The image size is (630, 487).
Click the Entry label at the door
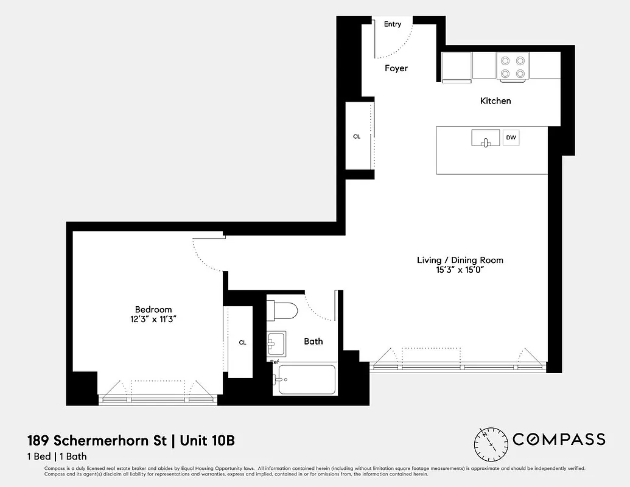click(x=393, y=24)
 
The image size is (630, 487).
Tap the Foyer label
click(x=396, y=68)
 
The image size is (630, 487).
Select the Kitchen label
click(x=495, y=100)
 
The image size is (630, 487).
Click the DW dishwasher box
click(x=511, y=138)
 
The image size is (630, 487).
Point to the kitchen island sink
click(x=485, y=139)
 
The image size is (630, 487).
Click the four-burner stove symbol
click(x=513, y=66)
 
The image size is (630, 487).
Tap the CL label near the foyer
click(x=357, y=136)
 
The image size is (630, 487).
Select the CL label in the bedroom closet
click(x=242, y=343)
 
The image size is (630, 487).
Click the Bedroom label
click(x=153, y=309)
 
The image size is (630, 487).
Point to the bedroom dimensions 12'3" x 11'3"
click(x=153, y=319)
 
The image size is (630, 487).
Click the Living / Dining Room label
click(x=460, y=260)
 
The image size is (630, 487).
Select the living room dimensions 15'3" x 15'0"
click(x=460, y=270)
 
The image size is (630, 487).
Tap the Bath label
click(x=313, y=341)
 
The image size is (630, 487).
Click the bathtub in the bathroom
click(x=304, y=380)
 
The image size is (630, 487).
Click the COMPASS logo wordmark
click(x=559, y=440)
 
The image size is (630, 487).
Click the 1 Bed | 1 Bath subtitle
click(x=57, y=456)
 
